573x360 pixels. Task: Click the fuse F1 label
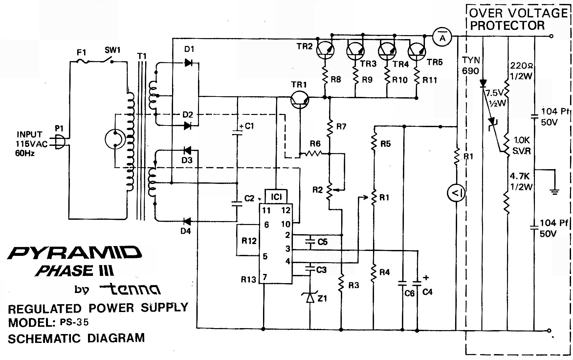tap(81, 53)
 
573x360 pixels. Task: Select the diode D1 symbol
tap(188, 62)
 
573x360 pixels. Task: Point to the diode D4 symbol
tap(187, 221)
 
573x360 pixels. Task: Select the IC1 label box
tap(276, 196)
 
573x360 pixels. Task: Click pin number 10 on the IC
tap(285, 224)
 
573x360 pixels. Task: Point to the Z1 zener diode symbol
tap(310, 298)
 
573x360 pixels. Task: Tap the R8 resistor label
tap(336, 79)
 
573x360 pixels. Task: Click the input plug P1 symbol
tap(59, 143)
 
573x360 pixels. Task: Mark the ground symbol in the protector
tap(555, 191)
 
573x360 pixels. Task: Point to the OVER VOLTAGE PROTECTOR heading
tap(518, 19)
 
